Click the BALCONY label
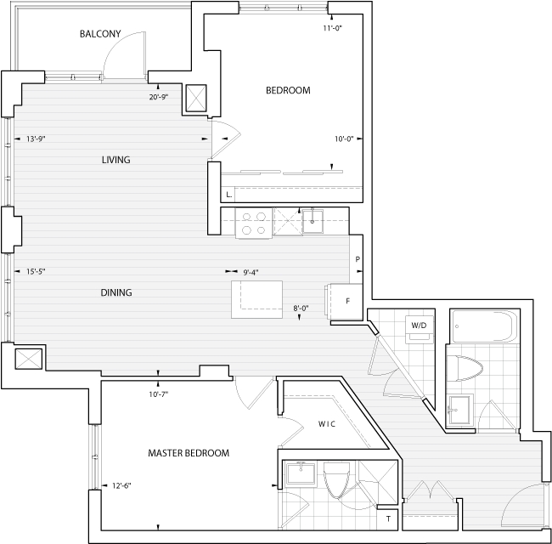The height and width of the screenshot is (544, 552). point(100,34)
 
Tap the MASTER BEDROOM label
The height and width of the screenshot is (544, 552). point(189,453)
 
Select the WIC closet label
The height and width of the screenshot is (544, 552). point(327,424)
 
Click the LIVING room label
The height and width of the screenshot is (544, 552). point(115,160)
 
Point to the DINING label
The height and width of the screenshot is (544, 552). point(116,292)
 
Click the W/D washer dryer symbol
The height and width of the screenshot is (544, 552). point(419,329)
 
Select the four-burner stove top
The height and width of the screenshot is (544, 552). point(253,224)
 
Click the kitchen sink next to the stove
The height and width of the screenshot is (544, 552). point(313,221)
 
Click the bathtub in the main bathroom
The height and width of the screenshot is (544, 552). point(484,326)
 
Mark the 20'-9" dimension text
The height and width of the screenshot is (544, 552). point(159,97)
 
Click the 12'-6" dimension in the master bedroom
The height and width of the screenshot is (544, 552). point(121,485)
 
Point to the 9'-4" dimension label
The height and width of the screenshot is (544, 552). point(251,272)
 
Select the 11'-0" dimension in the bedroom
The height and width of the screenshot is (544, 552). point(333,28)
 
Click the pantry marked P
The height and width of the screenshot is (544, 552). point(357,259)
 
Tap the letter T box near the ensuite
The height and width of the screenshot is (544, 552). point(387,519)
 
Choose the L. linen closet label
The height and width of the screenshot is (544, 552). point(228,195)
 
